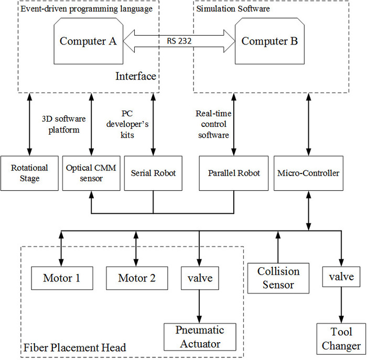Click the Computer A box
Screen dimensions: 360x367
coord(88,41)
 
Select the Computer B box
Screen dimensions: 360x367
coord(269,41)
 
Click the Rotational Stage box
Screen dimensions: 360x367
coord(29,173)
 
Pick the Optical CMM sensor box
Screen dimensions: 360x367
coord(91,173)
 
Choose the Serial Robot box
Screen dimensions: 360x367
coord(153,173)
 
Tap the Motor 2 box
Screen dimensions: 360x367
coord(137,278)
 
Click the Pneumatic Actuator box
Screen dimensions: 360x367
coord(199,336)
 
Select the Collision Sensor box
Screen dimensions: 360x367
coord(278,278)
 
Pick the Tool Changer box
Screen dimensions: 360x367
coord(341,339)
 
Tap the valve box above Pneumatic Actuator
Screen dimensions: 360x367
coord(199,278)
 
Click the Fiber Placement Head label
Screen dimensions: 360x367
coord(75,347)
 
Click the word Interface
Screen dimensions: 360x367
coord(136,77)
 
